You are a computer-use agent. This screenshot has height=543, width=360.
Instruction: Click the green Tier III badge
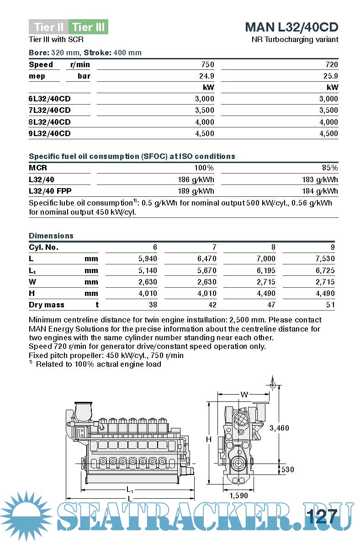pos(88,27)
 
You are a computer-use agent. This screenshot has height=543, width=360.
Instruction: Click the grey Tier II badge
pos(48,27)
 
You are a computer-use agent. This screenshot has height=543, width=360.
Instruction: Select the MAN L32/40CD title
pos(291,26)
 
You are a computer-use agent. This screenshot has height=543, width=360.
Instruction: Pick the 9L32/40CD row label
pos(50,133)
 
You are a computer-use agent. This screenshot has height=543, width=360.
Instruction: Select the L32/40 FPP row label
pos(50,191)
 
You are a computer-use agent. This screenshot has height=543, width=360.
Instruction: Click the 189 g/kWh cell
pos(196,191)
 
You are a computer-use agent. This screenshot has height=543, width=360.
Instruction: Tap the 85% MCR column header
pos(330,168)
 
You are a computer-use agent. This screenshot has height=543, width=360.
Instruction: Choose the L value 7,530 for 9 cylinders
pos(325,259)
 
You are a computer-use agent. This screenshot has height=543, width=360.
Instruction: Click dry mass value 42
pos(212,305)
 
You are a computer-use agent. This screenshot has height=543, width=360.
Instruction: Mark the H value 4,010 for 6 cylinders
pos(148,293)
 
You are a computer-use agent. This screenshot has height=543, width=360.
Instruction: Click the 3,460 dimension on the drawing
pos(279,428)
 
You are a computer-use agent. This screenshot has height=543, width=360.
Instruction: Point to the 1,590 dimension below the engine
pos(238,495)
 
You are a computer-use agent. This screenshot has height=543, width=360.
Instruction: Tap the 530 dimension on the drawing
pos(288,469)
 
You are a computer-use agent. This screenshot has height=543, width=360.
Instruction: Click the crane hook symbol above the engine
pos(273,383)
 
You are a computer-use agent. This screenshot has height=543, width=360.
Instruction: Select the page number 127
pos(322,517)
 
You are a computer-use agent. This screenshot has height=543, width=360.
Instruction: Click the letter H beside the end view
pos(208,439)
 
